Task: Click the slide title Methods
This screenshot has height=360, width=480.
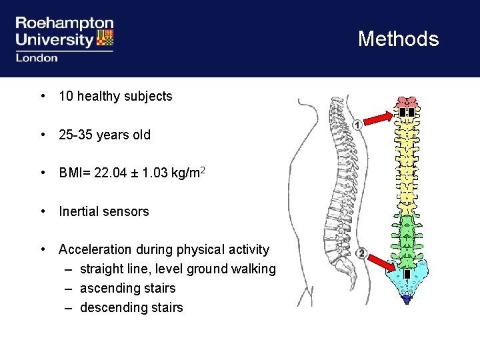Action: [x=398, y=39]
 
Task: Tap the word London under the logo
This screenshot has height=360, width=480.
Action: [x=37, y=58]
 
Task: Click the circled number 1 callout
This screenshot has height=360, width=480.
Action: [x=357, y=125]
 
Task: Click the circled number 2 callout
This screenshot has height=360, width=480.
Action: [x=361, y=253]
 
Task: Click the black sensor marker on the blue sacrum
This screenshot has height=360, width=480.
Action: [x=406, y=275]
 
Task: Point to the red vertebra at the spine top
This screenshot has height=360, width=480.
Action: [x=405, y=102]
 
